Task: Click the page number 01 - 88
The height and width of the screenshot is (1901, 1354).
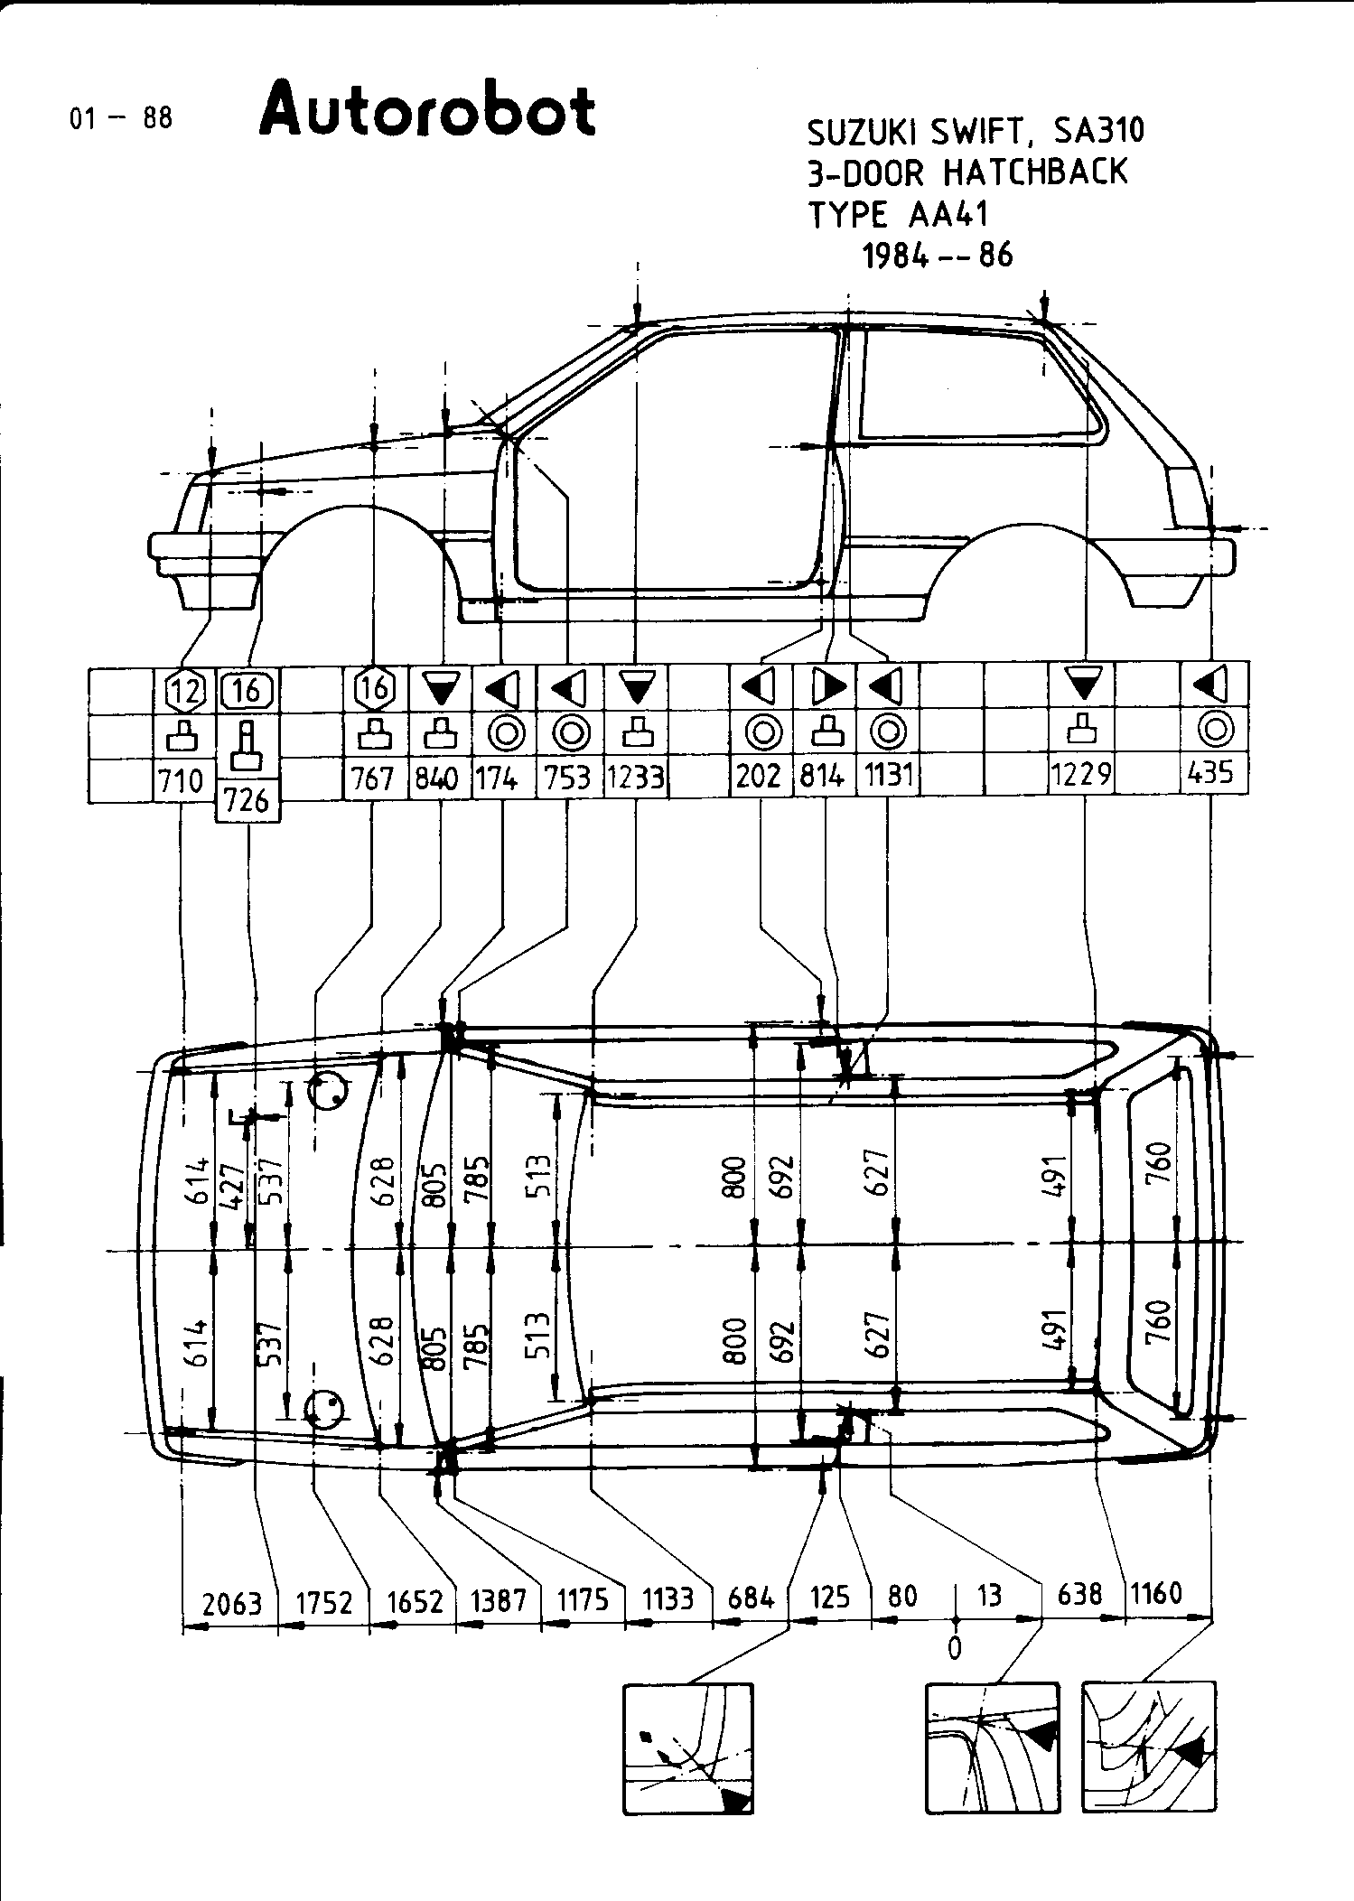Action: pos(121,117)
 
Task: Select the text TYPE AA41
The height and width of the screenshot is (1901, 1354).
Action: pos(898,215)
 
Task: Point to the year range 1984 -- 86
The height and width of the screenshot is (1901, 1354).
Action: pos(938,256)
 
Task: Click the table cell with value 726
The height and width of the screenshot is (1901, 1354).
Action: pos(247,800)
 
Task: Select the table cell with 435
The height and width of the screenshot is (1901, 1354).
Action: pos(1212,774)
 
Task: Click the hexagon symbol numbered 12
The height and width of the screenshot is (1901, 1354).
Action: pos(184,691)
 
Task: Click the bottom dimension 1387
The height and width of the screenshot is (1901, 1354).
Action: pos(498,1600)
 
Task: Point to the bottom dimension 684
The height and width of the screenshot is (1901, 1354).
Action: pos(752,1598)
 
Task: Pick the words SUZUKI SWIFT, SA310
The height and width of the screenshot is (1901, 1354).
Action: pos(975,132)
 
